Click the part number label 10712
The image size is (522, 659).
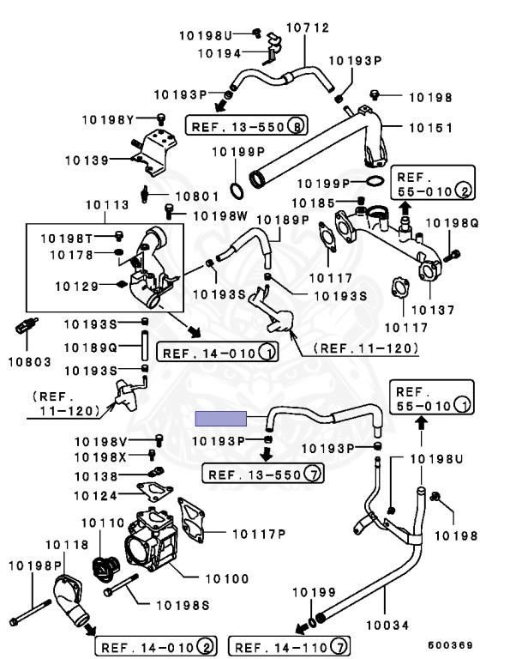coord(308,27)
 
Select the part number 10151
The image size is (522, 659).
coord(431,128)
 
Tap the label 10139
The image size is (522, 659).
coord(87,160)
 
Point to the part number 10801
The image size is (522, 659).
coord(197,196)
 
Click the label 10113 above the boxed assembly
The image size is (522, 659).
coord(107,205)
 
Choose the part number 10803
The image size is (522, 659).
coord(29,362)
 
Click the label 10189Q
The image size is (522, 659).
coord(91,348)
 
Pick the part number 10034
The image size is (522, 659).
coord(387,626)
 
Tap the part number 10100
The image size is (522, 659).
coord(227,578)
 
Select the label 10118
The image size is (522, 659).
coord(67,545)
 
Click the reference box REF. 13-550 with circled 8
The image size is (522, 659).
coord(247,125)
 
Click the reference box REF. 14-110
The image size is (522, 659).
coord(289,646)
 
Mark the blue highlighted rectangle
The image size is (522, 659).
coord(221,419)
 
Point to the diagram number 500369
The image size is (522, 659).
coord(451,645)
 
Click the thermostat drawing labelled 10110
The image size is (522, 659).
coord(105,569)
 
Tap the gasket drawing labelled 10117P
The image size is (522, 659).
coord(191,520)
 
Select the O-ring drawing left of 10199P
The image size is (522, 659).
coord(237,190)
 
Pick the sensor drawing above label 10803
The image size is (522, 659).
coord(27,325)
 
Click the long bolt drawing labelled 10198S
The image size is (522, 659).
coord(121,585)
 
